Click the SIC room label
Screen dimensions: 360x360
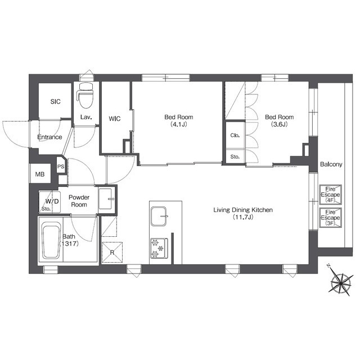pyautogui.click(x=55, y=101)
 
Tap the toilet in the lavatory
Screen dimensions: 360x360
pyautogui.click(x=86, y=95)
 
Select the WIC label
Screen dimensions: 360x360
pyautogui.click(x=115, y=119)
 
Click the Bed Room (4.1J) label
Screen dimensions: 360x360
pyautogui.click(x=179, y=120)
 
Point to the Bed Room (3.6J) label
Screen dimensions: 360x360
pyautogui.click(x=279, y=120)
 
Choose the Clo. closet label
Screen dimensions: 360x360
pyautogui.click(x=235, y=136)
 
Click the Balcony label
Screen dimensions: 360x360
pyautogui.click(x=331, y=164)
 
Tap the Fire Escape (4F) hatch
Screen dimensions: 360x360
pyautogui.click(x=331, y=195)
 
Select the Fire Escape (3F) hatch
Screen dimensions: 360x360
pyautogui.click(x=331, y=218)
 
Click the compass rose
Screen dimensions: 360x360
pyautogui.click(x=341, y=282)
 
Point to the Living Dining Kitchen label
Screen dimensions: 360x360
pyautogui.click(x=243, y=213)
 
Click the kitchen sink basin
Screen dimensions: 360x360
pyautogui.click(x=159, y=216)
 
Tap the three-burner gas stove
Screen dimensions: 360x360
pyautogui.click(x=159, y=249)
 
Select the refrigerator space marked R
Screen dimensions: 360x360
pyautogui.click(x=112, y=253)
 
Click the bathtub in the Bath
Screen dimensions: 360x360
pyautogui.click(x=51, y=242)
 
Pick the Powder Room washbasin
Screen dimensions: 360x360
pyautogui.click(x=106, y=199)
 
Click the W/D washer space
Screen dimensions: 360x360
pyautogui.click(x=49, y=202)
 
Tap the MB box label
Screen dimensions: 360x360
pyautogui.click(x=40, y=174)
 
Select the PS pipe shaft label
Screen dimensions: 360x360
pyautogui.click(x=61, y=166)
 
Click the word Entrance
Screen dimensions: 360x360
pyautogui.click(x=49, y=137)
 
